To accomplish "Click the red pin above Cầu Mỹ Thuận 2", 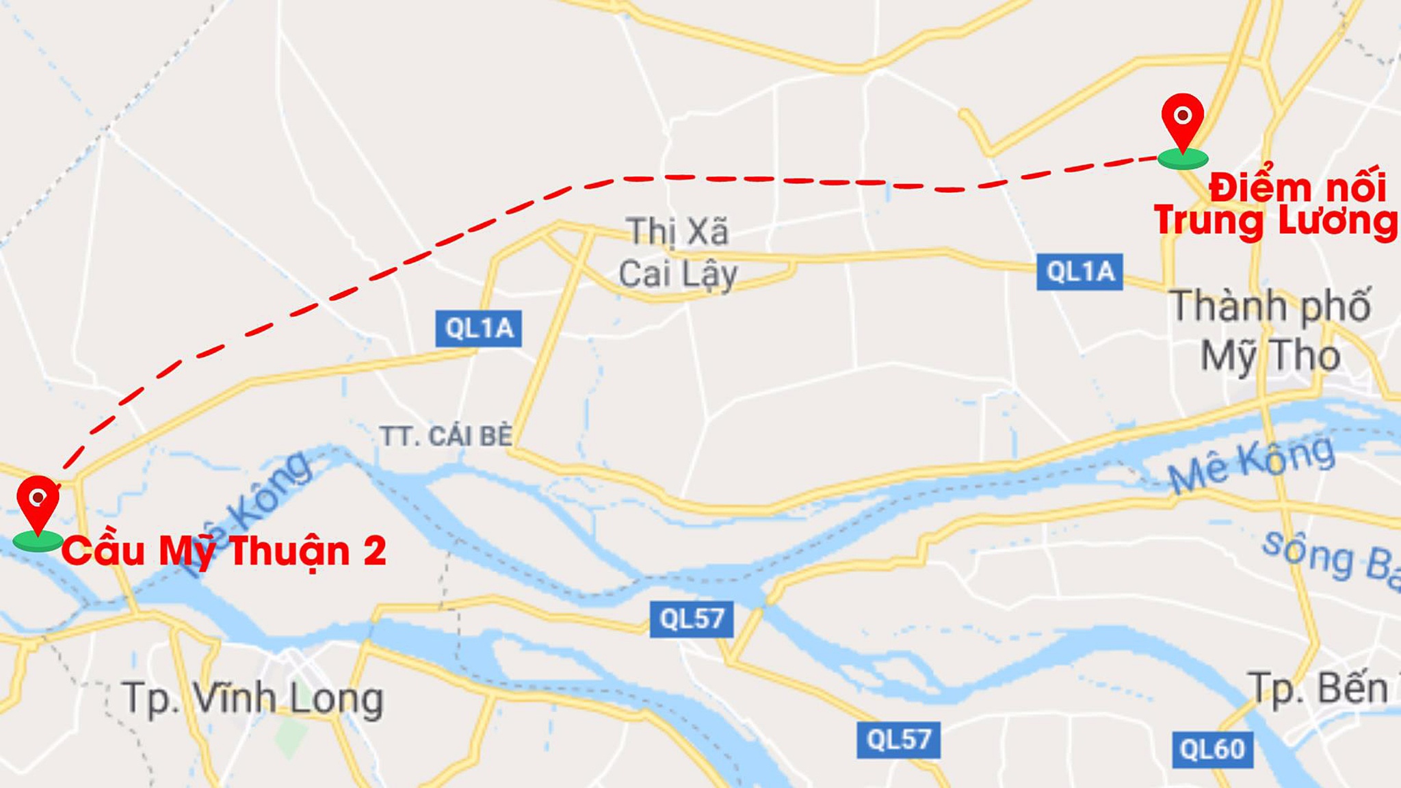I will [38, 499].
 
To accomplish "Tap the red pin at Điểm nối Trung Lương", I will [1183, 118].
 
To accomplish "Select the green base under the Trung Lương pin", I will [1183, 159].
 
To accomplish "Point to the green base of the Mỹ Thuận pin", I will [38, 540].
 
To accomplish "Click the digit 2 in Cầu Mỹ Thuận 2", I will [374, 551].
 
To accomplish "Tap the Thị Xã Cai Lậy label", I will [677, 253].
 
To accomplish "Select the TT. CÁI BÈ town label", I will [446, 436].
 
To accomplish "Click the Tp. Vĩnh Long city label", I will [253, 699].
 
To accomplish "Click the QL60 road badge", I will [1212, 750].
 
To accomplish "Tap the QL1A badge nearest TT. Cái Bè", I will [479, 328].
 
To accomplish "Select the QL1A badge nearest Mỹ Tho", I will [1079, 272].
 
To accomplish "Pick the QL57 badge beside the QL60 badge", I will [898, 739].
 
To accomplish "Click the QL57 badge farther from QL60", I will [692, 619].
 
